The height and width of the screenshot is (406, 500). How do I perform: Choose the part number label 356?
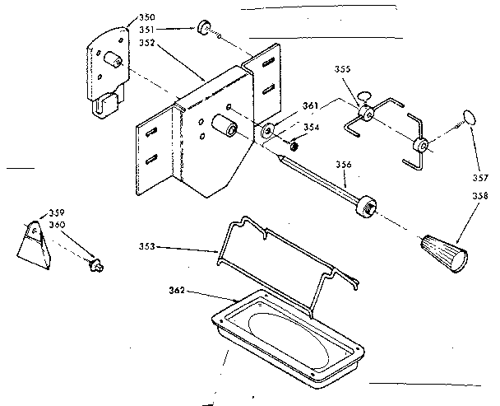point(344,165)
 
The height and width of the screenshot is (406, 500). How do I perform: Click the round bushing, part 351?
point(200,32)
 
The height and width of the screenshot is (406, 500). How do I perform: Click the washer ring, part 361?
point(269,132)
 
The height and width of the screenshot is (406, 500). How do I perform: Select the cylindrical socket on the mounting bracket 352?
point(224,128)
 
